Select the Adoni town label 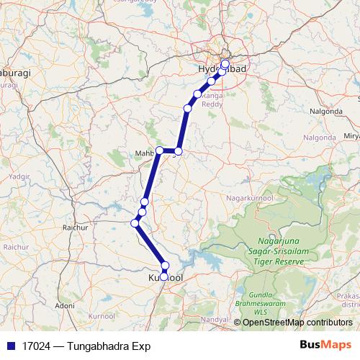click(x=66, y=305)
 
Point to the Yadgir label click(x=15, y=175)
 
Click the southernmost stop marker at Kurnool click(x=165, y=276)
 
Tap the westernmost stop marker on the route click(x=135, y=223)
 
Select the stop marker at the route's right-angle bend click(x=179, y=151)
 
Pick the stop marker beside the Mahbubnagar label click(x=160, y=151)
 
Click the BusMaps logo click(x=328, y=346)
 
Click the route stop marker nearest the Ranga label click(x=198, y=94)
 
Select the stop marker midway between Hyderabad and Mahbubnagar click(x=188, y=109)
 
